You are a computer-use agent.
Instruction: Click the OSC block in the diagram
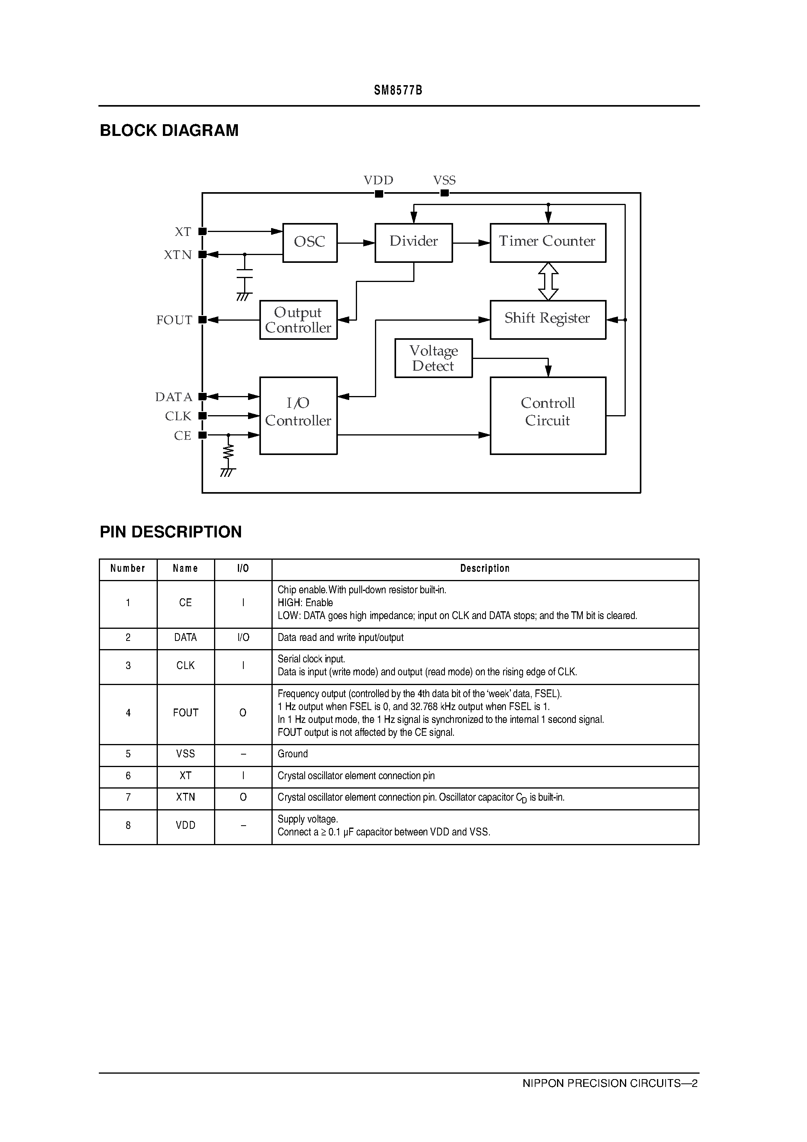[x=309, y=243]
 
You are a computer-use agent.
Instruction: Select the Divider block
[x=413, y=243]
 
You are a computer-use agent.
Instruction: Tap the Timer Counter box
[x=548, y=243]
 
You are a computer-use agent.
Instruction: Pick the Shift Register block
[x=548, y=319]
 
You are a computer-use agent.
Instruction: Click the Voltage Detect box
[x=433, y=358]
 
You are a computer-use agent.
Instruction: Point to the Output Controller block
[x=298, y=320]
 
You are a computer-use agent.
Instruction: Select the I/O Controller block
[x=298, y=415]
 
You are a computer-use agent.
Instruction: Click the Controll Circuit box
[x=548, y=415]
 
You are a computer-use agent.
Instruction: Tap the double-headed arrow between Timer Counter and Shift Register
[x=548, y=282]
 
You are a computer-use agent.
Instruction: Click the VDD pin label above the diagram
[x=378, y=180]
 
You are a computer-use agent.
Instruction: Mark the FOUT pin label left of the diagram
[x=174, y=320]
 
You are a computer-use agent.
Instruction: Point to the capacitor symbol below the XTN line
[x=244, y=275]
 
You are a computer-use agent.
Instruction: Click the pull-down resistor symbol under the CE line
[x=229, y=451]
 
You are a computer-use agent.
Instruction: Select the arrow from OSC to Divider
[x=356, y=243]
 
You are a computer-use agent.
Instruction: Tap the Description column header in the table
[x=485, y=569]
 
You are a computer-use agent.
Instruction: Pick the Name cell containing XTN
[x=186, y=797]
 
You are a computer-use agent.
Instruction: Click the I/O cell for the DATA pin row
[x=243, y=638]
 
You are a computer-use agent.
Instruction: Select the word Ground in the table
[x=293, y=754]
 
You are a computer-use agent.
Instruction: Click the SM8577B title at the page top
[x=398, y=91]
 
